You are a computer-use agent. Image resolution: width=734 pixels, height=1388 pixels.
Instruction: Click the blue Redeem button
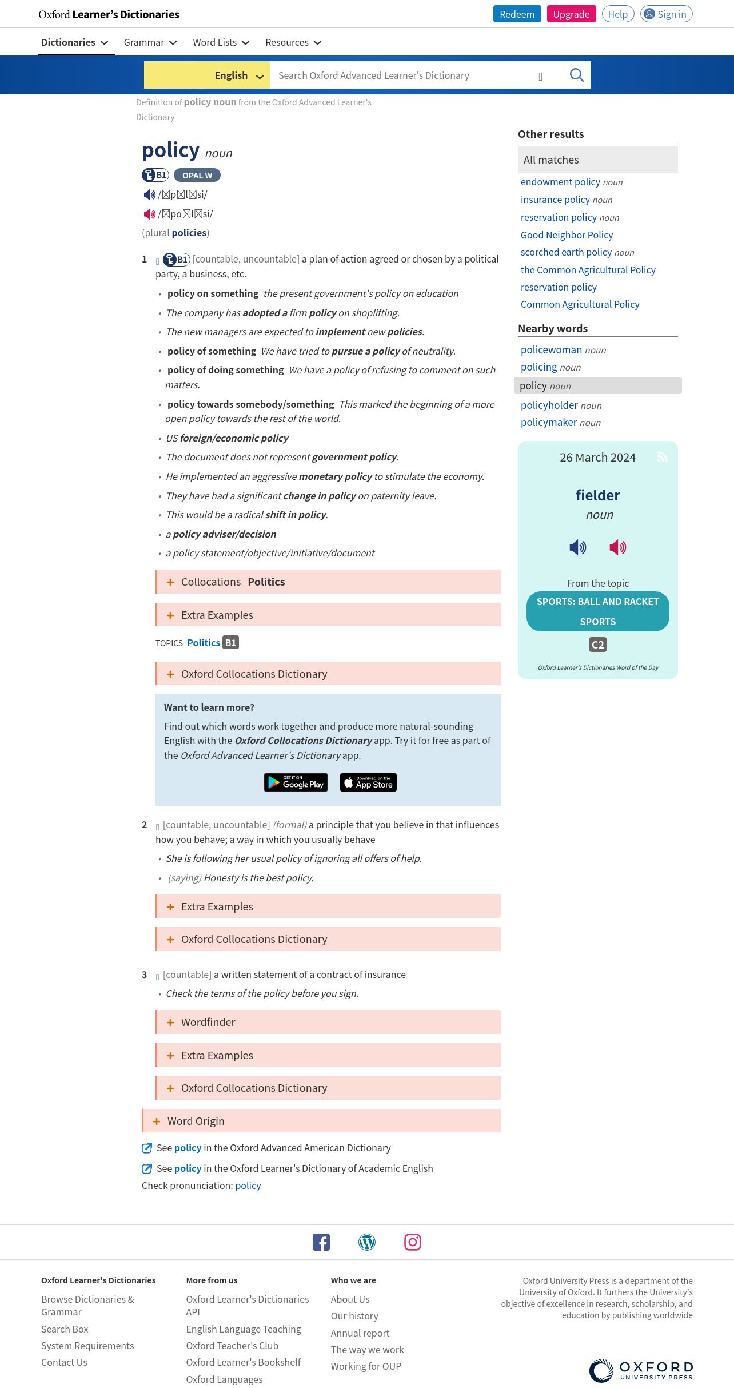[517, 14]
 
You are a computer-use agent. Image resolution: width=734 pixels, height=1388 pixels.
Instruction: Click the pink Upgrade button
[571, 14]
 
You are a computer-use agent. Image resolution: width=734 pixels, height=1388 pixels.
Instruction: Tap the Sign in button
[666, 14]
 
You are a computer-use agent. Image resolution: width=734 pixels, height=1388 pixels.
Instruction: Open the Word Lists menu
[221, 42]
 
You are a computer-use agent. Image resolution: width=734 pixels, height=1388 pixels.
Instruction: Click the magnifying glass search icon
[576, 75]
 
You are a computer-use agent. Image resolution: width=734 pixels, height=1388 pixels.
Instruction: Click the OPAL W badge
[197, 176]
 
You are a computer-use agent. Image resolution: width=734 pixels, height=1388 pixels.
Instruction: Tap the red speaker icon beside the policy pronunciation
[149, 214]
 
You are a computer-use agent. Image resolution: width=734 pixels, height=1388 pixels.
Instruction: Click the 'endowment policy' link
[560, 182]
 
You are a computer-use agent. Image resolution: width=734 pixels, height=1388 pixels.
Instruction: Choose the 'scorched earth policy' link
[566, 252]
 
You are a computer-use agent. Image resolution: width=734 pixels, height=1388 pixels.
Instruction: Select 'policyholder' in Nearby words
[549, 405]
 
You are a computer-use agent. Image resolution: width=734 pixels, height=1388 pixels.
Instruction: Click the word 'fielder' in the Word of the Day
[597, 495]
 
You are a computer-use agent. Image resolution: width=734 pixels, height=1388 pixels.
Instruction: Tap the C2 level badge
[597, 645]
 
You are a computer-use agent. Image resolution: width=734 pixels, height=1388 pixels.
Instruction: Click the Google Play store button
[296, 782]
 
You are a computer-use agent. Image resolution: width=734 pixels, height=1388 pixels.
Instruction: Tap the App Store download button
[368, 782]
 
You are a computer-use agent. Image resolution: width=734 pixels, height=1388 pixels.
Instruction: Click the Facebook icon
[321, 1242]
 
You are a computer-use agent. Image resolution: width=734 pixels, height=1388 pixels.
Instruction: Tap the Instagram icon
[412, 1242]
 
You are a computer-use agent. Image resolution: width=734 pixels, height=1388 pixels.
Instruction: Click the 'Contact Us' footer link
[64, 1362]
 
